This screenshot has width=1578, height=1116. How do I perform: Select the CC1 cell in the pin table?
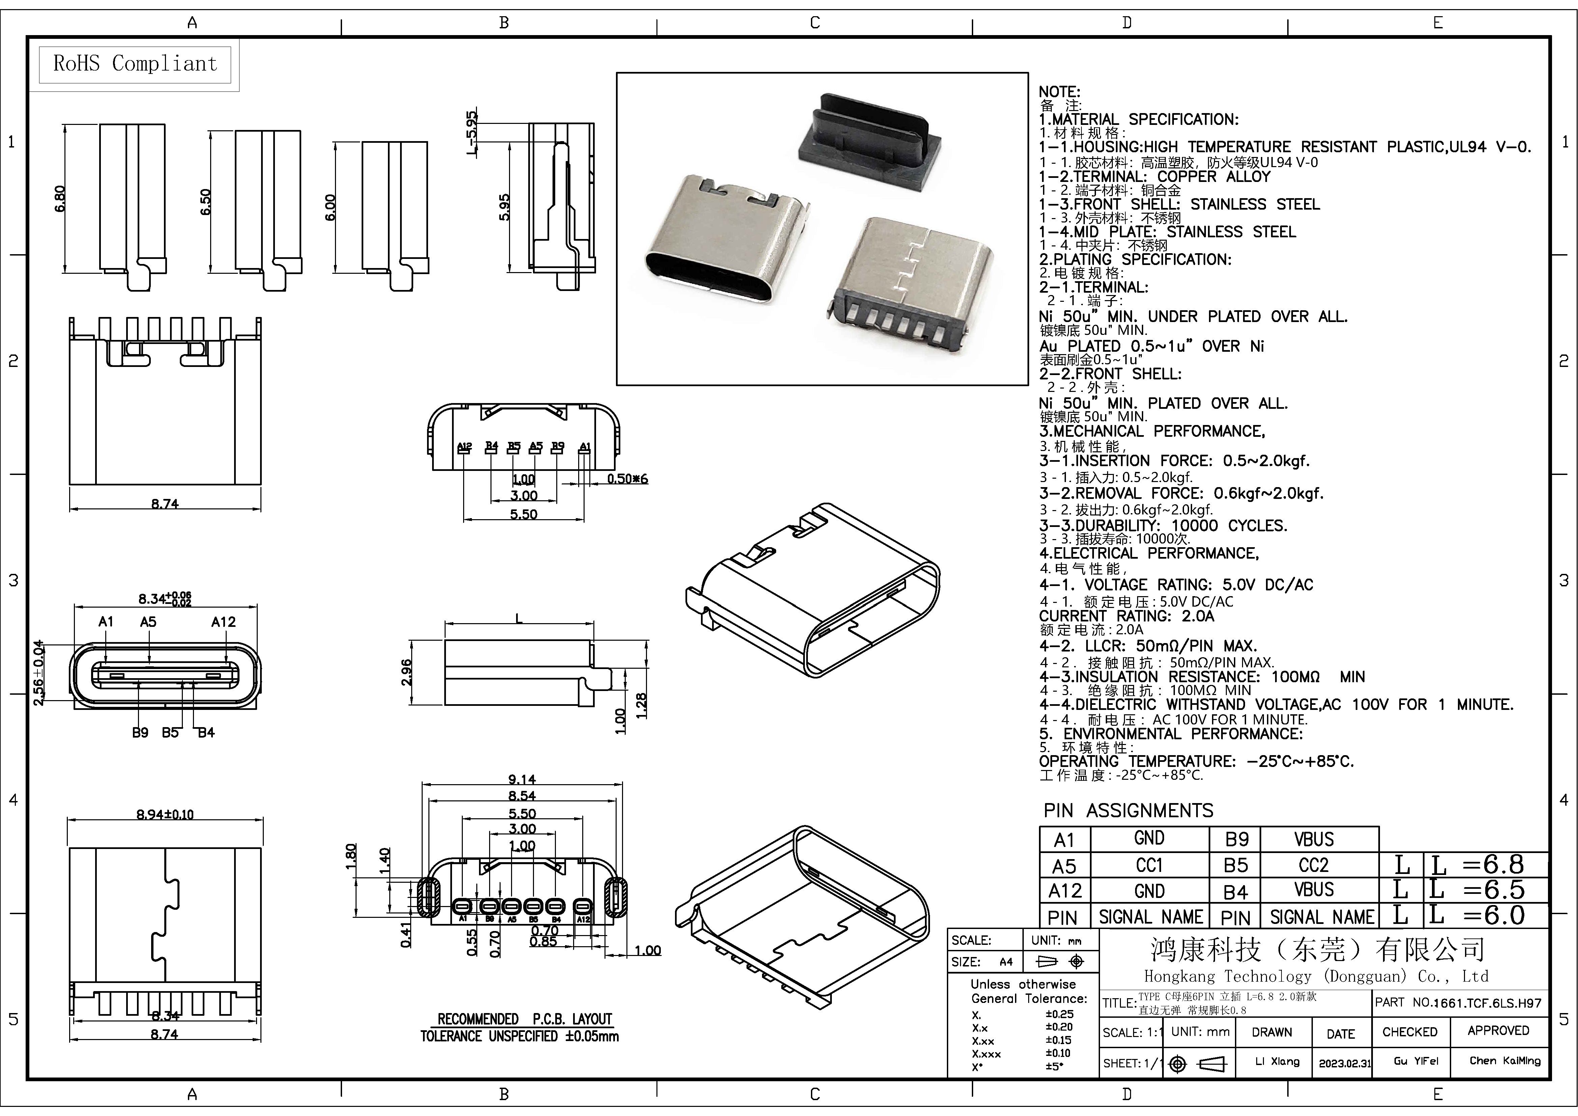[1149, 865]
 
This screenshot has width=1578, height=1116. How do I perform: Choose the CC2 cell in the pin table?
[1314, 865]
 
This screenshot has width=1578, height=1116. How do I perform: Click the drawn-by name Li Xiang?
[1277, 1061]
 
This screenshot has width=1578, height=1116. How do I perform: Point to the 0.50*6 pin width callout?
[627, 479]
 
